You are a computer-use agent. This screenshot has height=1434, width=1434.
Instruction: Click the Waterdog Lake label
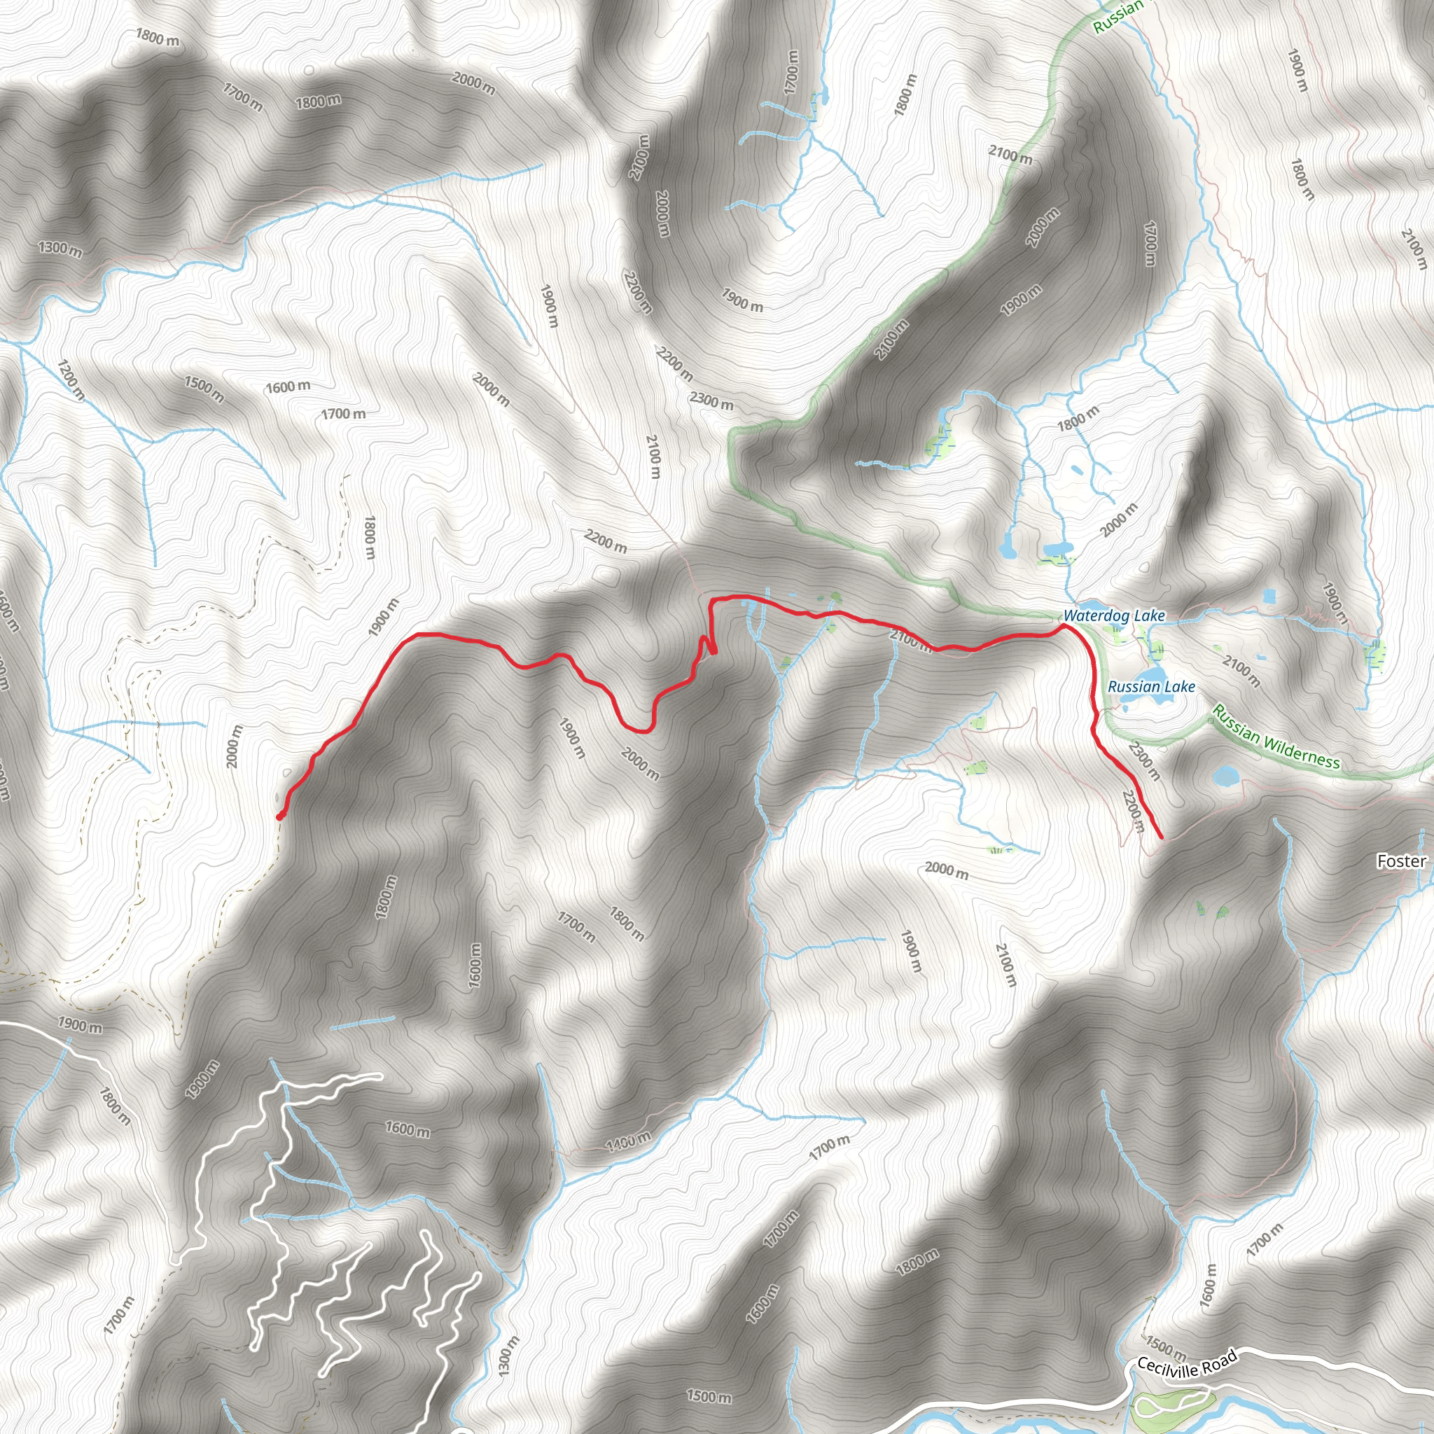click(1113, 615)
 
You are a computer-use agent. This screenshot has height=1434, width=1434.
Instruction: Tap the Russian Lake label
click(1150, 687)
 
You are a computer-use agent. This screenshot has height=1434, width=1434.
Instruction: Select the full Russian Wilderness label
click(1276, 737)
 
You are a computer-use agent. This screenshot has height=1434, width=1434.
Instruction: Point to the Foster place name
click(1401, 861)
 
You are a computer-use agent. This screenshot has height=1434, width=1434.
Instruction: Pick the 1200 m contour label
click(71, 380)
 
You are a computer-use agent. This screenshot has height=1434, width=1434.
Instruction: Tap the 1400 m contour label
click(628, 1141)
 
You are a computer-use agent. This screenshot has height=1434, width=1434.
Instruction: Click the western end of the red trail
click(279, 817)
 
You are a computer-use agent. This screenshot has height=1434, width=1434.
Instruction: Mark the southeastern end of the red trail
click(1161, 838)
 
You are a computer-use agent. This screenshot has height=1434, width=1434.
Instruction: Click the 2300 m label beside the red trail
click(1143, 760)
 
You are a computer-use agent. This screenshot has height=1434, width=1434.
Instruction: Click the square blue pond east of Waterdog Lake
click(1269, 595)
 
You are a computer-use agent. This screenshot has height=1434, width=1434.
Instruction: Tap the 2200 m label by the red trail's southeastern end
click(1132, 812)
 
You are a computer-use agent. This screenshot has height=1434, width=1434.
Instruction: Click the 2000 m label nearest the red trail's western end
click(234, 746)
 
